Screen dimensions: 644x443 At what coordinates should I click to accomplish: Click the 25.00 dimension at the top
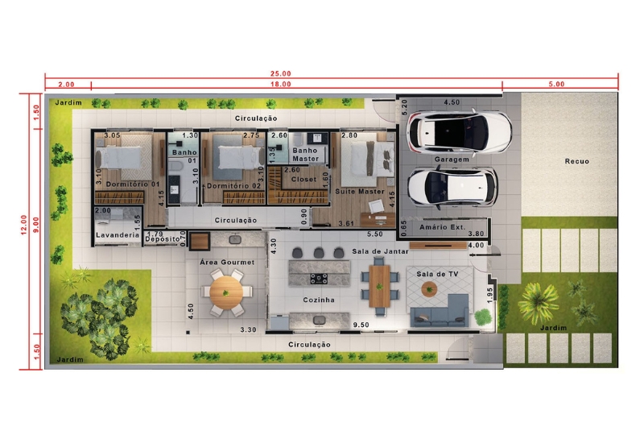280,73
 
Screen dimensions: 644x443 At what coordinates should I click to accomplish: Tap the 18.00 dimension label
280,85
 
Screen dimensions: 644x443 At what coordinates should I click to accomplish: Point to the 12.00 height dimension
24,225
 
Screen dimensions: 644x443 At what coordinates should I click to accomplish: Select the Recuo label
576,162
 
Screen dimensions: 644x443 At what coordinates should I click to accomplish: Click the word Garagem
452,159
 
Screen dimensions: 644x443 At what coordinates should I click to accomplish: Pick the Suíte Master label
360,192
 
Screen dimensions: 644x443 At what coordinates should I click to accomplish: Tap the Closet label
303,179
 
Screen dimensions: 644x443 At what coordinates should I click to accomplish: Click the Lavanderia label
118,235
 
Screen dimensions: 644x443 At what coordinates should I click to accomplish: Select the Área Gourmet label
227,263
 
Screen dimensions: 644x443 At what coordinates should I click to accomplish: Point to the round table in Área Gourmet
226,292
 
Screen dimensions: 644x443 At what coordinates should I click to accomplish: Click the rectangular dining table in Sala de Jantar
379,286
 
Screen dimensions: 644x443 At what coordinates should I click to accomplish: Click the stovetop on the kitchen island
319,279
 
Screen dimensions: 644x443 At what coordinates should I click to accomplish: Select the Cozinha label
319,300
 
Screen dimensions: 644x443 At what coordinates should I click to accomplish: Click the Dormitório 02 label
233,186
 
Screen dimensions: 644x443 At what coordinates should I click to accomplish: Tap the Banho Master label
305,155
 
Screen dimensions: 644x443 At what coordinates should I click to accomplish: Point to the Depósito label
163,239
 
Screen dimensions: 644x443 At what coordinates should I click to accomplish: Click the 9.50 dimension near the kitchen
361,325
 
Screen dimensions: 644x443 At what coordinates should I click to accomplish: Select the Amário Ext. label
442,227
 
